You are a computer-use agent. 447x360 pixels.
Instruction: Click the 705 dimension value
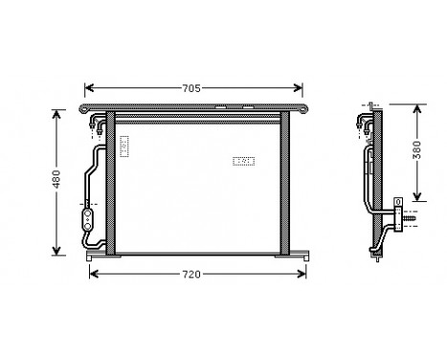coord(191,88)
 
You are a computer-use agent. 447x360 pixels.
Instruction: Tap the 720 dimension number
coord(191,275)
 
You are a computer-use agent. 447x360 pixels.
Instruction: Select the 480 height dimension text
coord(56,180)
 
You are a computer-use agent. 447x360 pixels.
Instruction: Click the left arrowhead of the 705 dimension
coord(89,88)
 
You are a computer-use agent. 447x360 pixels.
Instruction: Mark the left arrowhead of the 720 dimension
coord(93,275)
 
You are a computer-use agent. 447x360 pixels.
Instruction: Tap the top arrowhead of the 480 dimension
coord(56,114)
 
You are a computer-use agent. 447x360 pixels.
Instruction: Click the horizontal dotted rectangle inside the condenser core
coord(244,162)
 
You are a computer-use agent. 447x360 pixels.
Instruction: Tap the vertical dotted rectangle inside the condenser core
coord(124,146)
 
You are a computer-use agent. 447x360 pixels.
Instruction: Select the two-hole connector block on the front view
coord(87,219)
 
